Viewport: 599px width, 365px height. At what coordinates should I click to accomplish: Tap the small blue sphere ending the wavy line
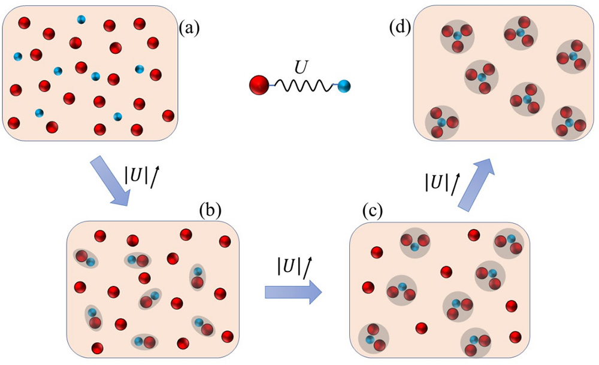[x=343, y=87]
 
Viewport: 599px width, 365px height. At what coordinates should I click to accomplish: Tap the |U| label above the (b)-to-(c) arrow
[x=292, y=264]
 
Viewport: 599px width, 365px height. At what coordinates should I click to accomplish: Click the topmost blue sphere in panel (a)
[x=81, y=19]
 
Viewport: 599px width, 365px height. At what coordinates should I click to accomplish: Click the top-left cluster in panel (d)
[x=457, y=37]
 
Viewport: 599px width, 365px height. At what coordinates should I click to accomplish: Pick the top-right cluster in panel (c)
[x=508, y=243]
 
